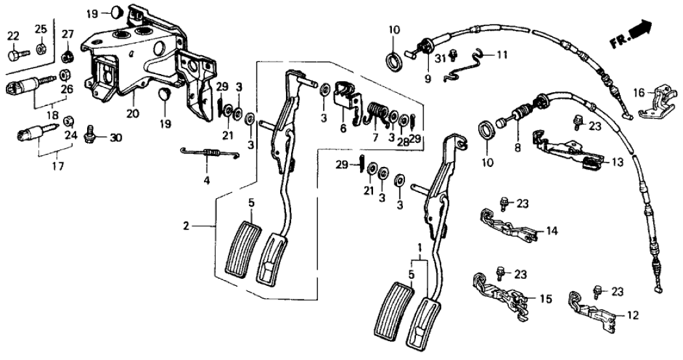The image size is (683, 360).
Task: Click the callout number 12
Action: [x=632, y=315]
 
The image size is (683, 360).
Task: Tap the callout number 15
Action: [x=545, y=299]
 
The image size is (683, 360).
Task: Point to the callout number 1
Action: [x=419, y=247]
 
